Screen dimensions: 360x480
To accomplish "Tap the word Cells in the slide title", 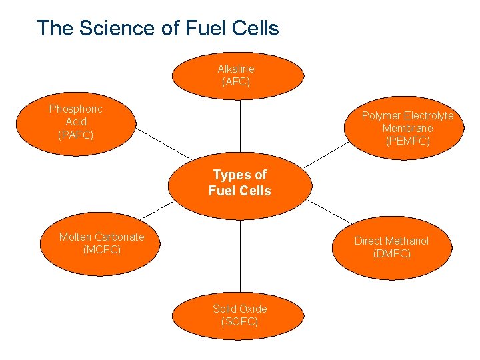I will [254, 28].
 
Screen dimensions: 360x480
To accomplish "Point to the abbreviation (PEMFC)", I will [407, 141].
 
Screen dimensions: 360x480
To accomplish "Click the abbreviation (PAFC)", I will [75, 135].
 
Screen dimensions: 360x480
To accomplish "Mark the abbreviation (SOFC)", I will [239, 321].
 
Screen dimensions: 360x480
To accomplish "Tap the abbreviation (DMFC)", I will [392, 253].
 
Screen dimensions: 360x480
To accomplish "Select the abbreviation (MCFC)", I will [101, 249].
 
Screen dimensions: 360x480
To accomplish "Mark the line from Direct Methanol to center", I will [329, 211].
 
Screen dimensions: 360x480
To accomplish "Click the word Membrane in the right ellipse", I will [407, 128].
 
